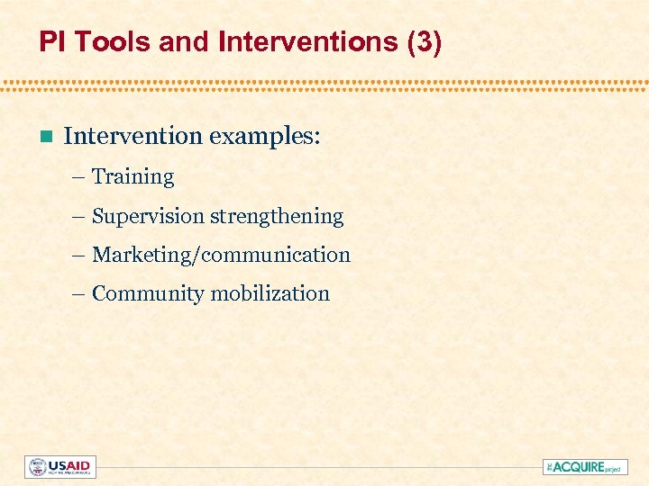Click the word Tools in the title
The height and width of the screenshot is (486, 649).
tap(96, 42)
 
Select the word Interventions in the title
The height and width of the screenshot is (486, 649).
tap(276, 42)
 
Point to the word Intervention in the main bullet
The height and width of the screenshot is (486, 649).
tap(133, 136)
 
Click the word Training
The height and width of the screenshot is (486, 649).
tap(133, 177)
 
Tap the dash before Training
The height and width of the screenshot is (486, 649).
tap(80, 177)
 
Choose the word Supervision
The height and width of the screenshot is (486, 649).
tap(148, 217)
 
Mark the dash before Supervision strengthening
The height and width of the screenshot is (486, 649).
tap(80, 217)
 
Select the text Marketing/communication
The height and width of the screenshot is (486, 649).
tap(221, 256)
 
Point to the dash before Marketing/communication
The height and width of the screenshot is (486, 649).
tap(80, 256)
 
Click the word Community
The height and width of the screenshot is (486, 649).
tap(148, 294)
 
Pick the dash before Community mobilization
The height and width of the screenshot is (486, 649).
tap(80, 294)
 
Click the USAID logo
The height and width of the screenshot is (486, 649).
tap(59, 467)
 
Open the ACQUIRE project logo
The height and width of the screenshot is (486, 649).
tap(585, 467)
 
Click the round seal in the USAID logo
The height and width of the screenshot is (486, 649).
tap(37, 467)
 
